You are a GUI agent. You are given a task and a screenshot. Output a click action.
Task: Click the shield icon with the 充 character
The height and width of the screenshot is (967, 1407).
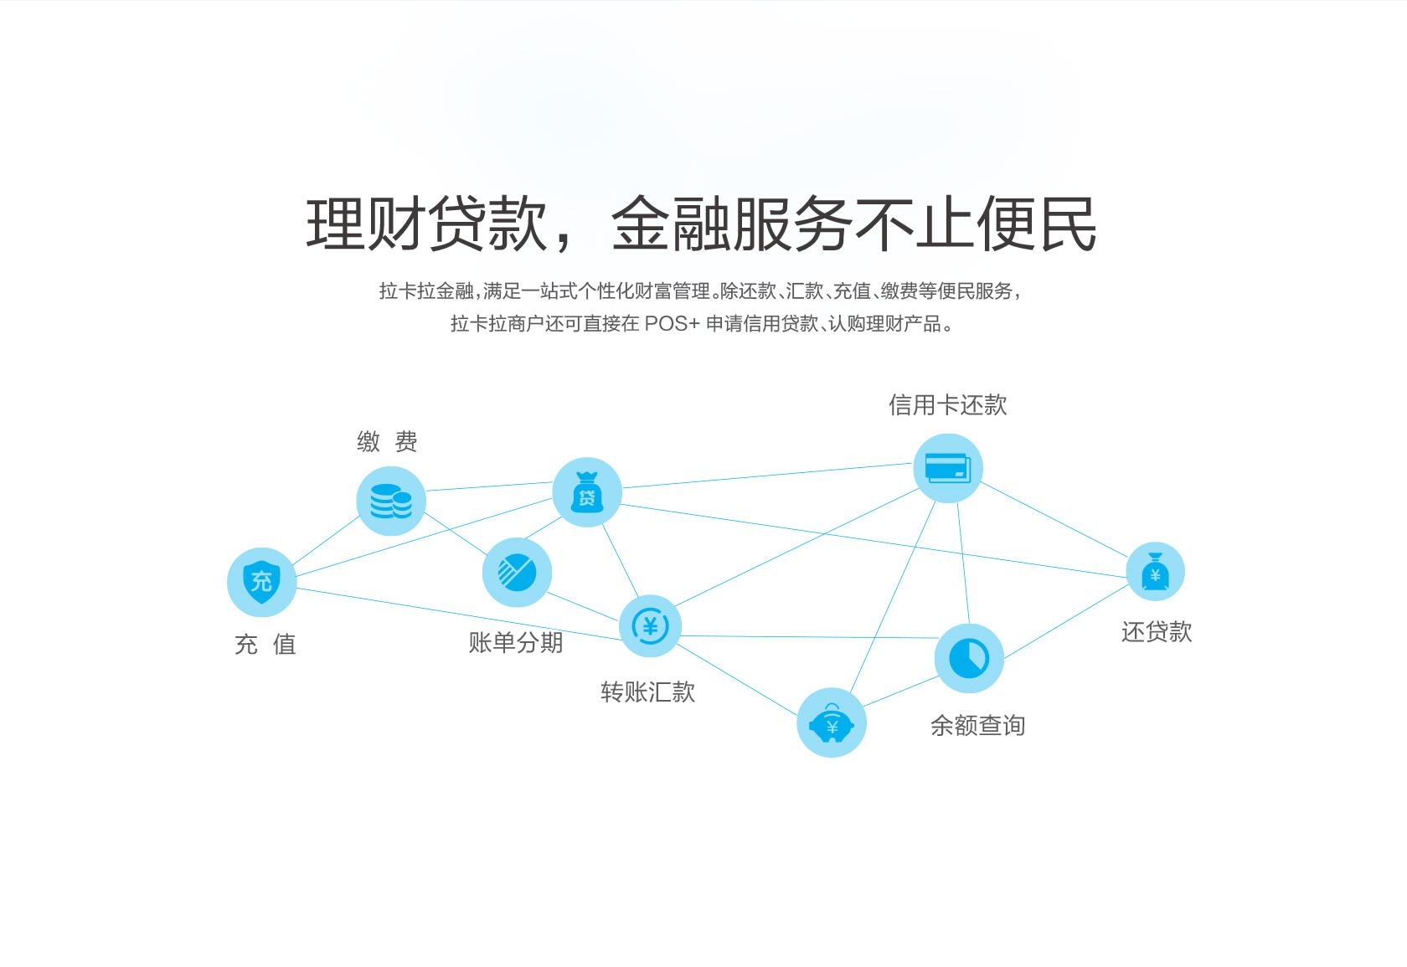(261, 582)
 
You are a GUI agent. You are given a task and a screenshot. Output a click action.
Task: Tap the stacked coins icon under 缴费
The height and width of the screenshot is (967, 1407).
(390, 502)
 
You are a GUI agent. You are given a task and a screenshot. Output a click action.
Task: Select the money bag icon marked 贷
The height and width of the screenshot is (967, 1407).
(587, 492)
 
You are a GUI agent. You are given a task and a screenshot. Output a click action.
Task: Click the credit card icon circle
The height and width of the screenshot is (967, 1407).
(947, 468)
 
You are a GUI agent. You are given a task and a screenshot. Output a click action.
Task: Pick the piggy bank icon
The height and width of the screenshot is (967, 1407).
(832, 723)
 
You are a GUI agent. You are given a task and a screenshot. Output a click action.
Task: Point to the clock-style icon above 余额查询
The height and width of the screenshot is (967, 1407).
(969, 658)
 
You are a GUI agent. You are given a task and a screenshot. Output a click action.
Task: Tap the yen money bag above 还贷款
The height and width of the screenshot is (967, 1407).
(1155, 572)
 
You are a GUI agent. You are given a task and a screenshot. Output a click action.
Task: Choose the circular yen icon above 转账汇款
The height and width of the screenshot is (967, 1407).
(650, 626)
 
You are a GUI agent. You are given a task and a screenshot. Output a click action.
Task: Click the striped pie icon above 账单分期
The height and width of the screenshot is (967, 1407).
(517, 573)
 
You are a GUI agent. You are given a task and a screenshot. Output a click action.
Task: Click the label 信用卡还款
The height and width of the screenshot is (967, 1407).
(947, 405)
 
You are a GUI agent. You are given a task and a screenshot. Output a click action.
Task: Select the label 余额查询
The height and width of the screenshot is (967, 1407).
(977, 726)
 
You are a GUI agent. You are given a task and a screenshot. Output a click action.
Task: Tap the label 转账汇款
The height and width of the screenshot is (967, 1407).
(647, 692)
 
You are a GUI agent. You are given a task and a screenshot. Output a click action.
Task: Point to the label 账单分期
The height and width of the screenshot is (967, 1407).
(516, 643)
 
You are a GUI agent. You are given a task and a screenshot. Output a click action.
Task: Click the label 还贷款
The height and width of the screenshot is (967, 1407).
(1157, 632)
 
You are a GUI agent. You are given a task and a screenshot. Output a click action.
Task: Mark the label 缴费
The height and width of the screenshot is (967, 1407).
(387, 442)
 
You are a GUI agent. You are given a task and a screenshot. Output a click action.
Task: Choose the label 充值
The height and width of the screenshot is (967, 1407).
(265, 645)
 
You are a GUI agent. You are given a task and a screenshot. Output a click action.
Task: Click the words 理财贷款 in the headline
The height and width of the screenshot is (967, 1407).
(427, 224)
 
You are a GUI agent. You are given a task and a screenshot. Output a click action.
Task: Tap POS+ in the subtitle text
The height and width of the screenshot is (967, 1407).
(672, 324)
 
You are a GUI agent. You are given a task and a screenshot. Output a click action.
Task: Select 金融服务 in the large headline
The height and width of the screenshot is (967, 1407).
(731, 224)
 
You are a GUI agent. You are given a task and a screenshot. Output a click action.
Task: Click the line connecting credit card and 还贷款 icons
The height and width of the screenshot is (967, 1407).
(1054, 519)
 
